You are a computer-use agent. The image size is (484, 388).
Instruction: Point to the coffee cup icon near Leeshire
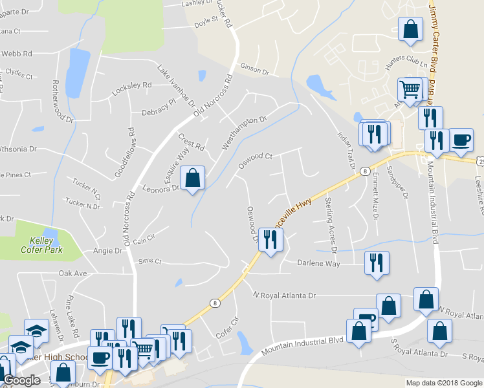click(x=461, y=140)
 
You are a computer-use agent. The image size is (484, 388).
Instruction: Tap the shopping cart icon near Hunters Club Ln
click(x=410, y=90)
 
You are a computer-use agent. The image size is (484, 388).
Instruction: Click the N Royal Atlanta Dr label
click(x=284, y=296)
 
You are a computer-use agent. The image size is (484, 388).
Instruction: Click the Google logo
click(x=22, y=380)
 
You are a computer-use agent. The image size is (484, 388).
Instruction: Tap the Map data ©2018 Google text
click(x=444, y=383)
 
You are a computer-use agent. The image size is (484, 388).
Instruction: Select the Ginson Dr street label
click(x=254, y=69)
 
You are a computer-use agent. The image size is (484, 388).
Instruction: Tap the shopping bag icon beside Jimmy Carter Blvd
click(x=410, y=30)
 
